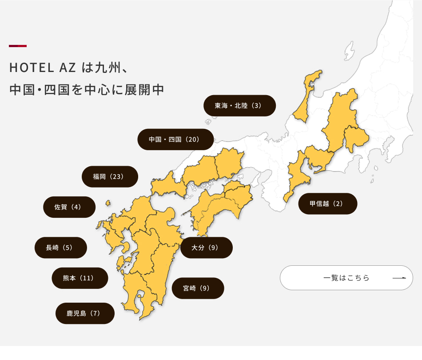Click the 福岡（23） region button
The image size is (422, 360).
[x=110, y=176]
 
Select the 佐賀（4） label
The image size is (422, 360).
[x=69, y=207]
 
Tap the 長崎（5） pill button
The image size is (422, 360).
[x=60, y=248]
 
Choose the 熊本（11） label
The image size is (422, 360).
[x=80, y=278]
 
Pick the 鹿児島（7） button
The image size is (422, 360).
[x=85, y=313]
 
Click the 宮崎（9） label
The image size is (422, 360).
[x=198, y=288]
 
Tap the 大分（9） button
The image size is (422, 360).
[x=206, y=248]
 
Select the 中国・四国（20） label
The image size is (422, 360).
[x=175, y=140]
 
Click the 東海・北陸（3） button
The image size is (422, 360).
[x=239, y=106]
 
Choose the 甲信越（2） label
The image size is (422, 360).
[x=327, y=204]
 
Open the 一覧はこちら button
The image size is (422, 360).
[x=346, y=278]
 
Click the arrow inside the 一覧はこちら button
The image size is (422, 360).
[x=399, y=278]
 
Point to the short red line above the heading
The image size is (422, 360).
[x=18, y=46]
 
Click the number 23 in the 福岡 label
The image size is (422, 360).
[x=116, y=176]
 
